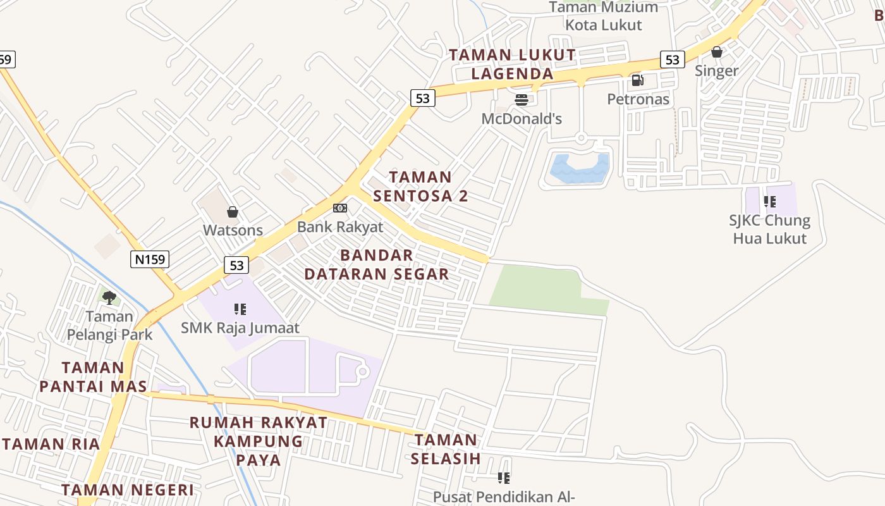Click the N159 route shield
tap(150, 259)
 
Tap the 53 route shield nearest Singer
tap(672, 59)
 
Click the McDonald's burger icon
tap(522, 100)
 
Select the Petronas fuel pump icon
tap(637, 80)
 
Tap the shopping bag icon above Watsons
tap(233, 212)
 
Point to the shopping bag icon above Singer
tap(717, 52)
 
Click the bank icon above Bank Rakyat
tap(340, 208)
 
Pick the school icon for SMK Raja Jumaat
tap(240, 309)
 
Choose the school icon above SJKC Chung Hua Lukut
tap(769, 202)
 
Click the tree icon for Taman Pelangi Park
tap(109, 297)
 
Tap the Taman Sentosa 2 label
tap(420, 186)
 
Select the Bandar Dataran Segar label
tap(377, 264)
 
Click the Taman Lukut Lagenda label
tap(513, 64)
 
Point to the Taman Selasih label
tap(446, 448)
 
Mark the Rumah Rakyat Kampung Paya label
tap(259, 441)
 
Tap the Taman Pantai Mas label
tap(93, 376)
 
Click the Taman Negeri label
tap(128, 490)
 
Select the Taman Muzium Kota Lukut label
tap(603, 16)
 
